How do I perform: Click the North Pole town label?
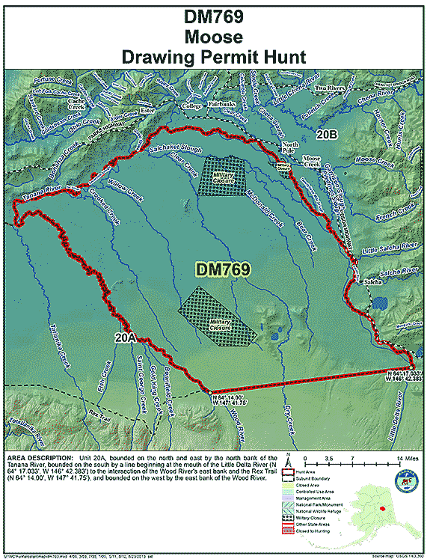(x=291, y=148)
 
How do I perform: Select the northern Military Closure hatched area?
(x=223, y=176)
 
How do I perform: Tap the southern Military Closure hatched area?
(x=217, y=316)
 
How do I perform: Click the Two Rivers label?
(x=331, y=88)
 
